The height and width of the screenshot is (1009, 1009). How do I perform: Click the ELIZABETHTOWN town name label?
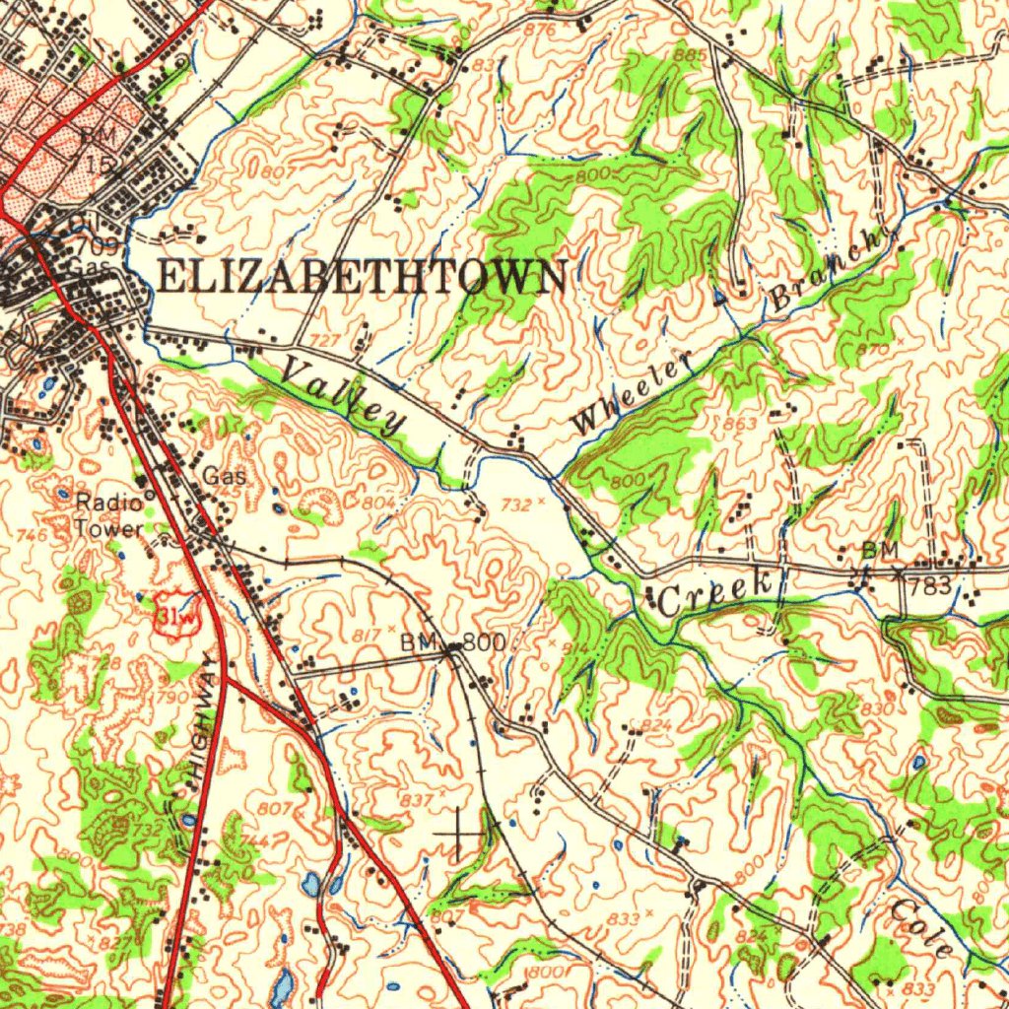point(362,277)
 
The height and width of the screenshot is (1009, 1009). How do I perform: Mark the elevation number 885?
point(690,55)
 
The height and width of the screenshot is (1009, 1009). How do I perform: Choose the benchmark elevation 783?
point(930,587)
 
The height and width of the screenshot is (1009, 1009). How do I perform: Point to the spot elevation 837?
point(417,798)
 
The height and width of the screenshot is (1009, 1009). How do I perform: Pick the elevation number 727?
point(326,340)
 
